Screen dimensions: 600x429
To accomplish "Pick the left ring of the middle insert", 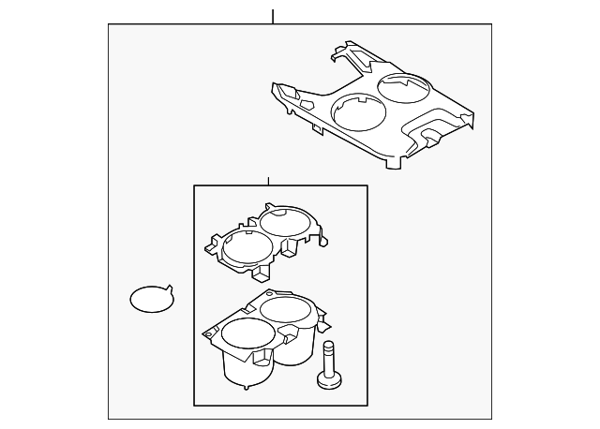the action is [x=247, y=247].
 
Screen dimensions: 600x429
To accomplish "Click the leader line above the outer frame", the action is [x=273, y=16].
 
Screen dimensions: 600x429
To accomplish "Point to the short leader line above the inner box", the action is [x=268, y=180].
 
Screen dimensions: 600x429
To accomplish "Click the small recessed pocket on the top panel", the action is [x=432, y=137].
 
